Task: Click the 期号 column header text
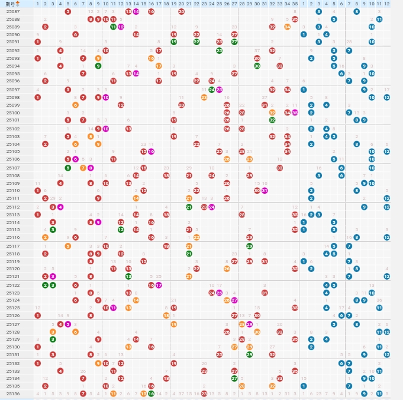[x=10, y=4]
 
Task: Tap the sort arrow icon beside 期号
[x=18, y=4]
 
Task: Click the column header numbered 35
[x=295, y=4]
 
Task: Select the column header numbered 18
[x=166, y=4]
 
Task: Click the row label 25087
[x=13, y=11]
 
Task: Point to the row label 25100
[x=13, y=113]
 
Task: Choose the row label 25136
[x=13, y=393]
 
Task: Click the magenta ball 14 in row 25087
[x=136, y=11]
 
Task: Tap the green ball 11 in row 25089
[x=113, y=27]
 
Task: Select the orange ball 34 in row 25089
[x=287, y=27]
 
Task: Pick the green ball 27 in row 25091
[x=234, y=41]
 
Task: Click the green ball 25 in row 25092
[x=219, y=50]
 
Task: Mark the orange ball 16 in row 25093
[x=151, y=58]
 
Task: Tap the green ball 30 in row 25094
[x=257, y=66]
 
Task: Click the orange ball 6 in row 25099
[x=75, y=105]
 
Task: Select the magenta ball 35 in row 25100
[x=295, y=113]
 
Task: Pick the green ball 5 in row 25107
[x=67, y=168]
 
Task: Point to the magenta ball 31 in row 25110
[x=265, y=190]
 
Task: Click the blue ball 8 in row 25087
[x=356, y=11]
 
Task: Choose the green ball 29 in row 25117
[x=249, y=246]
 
